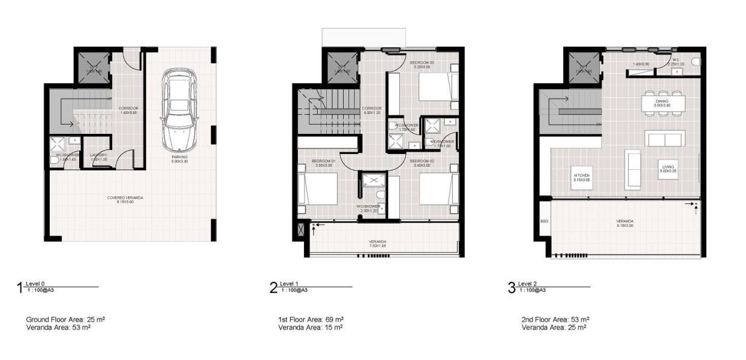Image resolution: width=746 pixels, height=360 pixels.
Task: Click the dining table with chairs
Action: [x=661, y=102]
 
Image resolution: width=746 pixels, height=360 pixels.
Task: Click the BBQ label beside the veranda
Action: [x=544, y=221]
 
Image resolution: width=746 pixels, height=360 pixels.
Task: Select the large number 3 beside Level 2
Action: [x=512, y=288]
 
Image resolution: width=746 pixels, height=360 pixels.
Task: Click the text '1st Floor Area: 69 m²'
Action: [x=311, y=319]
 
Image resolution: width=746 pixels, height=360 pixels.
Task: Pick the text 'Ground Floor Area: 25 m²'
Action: [x=66, y=319]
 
